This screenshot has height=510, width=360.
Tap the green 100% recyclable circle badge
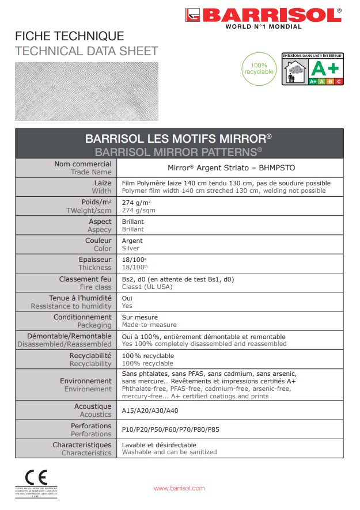(259, 68)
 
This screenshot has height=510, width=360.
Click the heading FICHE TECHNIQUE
(69, 37)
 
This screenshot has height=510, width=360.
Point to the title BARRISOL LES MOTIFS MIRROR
(179, 139)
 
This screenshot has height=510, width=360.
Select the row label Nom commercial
(83, 164)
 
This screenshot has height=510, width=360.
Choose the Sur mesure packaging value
(139, 317)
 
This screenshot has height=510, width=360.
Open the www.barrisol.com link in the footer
(179, 488)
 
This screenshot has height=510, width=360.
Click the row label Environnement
(86, 381)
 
